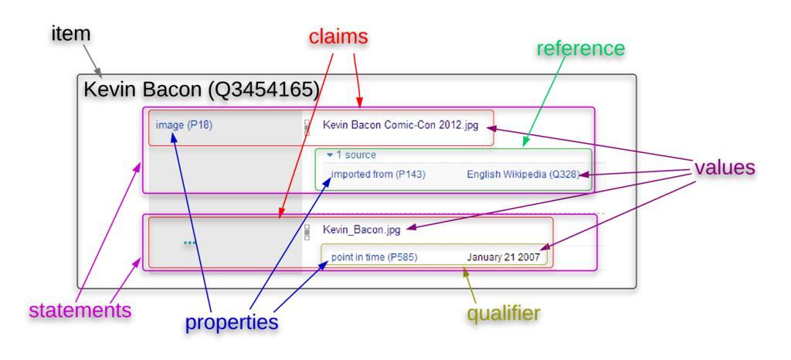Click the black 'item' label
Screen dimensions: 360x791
(x=72, y=34)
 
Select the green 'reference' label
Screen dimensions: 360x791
(x=580, y=48)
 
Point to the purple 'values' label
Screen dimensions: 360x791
(x=724, y=168)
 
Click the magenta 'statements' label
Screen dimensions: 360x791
(x=80, y=311)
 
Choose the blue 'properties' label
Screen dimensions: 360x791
(x=231, y=321)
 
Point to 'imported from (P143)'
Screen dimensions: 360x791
(x=378, y=174)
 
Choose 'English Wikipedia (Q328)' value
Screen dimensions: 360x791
(x=522, y=174)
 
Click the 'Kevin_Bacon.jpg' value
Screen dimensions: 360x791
(x=362, y=229)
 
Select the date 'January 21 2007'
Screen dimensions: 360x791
(x=503, y=257)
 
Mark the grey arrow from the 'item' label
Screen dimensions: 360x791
(x=91, y=59)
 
